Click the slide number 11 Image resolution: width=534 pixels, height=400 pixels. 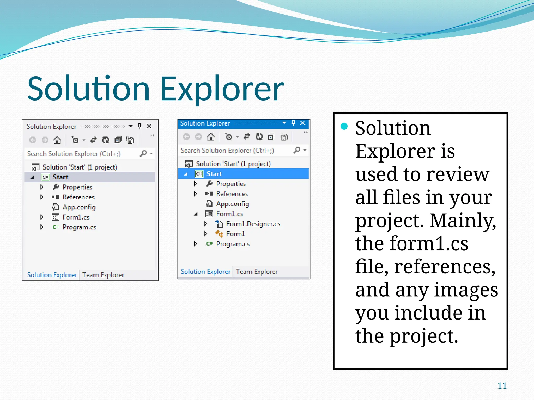502,386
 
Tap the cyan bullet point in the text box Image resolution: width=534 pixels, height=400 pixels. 344,126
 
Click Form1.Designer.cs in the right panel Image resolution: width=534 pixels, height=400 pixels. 253,224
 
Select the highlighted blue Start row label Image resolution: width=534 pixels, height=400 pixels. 214,174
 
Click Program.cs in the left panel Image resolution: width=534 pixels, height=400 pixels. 79,227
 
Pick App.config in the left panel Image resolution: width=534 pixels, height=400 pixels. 79,207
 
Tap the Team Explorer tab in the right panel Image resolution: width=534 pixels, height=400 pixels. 257,272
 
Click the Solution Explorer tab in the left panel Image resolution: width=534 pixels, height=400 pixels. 52,275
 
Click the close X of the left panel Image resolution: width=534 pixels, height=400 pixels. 149,126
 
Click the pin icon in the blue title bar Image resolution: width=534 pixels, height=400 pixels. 293,123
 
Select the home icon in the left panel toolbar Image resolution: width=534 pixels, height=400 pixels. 57,140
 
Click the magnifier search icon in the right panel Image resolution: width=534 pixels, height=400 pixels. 297,150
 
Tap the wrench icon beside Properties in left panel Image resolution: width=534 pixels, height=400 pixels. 56,187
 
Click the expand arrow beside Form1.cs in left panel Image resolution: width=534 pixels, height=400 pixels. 42,217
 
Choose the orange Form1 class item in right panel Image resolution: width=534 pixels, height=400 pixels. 235,234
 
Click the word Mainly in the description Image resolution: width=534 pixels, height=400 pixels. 463,221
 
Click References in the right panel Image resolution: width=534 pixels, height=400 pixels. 232,194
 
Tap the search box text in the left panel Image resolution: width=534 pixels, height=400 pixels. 74,154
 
